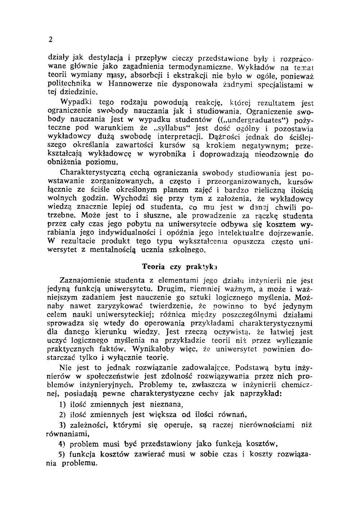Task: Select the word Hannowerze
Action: [x=127, y=84]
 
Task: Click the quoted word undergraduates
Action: [x=255, y=119]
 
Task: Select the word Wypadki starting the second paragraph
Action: [x=75, y=102]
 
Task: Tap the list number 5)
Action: [x=62, y=455]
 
